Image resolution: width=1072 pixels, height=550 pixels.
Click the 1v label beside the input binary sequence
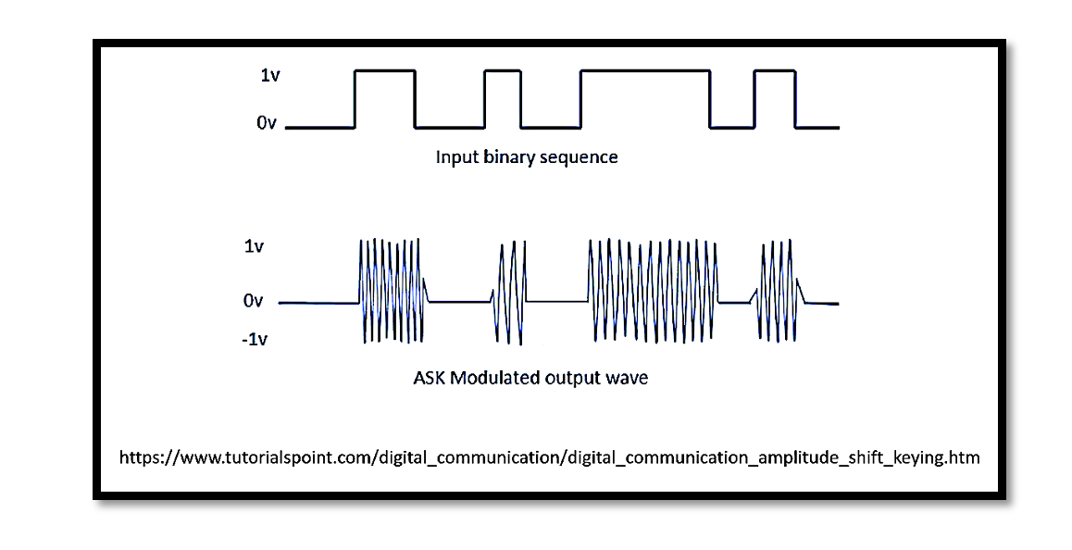[269, 74]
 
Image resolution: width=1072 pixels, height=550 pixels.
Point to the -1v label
[255, 340]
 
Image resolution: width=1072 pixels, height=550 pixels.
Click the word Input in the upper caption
[455, 156]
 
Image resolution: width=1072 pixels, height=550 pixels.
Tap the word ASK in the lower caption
[430, 378]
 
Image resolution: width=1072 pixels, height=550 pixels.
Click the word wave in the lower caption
[628, 378]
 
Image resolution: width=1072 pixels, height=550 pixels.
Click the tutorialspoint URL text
[549, 457]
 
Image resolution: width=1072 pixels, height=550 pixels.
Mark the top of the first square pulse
[385, 69]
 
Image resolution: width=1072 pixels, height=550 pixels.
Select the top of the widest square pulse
[645, 69]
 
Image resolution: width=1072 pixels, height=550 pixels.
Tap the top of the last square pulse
[776, 69]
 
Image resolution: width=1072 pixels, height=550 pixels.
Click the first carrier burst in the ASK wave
[391, 291]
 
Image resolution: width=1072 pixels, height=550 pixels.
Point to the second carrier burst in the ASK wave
[509, 293]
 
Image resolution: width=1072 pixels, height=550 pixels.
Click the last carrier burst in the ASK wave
[779, 291]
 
